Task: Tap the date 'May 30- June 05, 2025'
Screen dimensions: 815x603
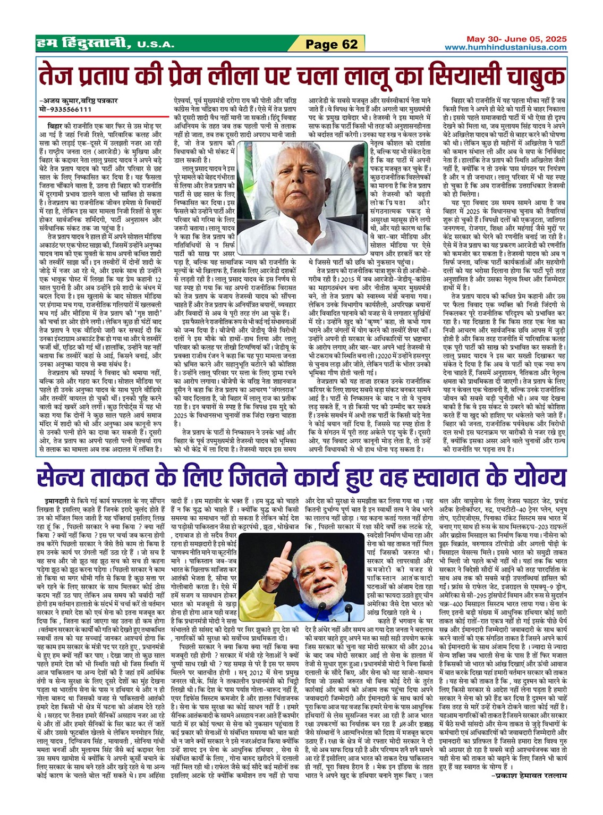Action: point(516,39)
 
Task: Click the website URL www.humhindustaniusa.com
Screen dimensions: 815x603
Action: point(506,48)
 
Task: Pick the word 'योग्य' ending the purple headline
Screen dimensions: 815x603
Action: point(539,477)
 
